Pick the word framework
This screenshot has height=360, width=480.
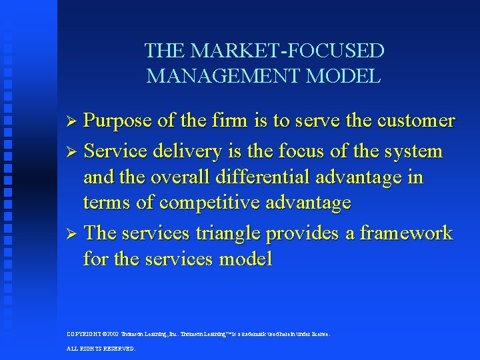tap(405, 233)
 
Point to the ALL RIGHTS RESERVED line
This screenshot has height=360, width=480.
tap(101, 349)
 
